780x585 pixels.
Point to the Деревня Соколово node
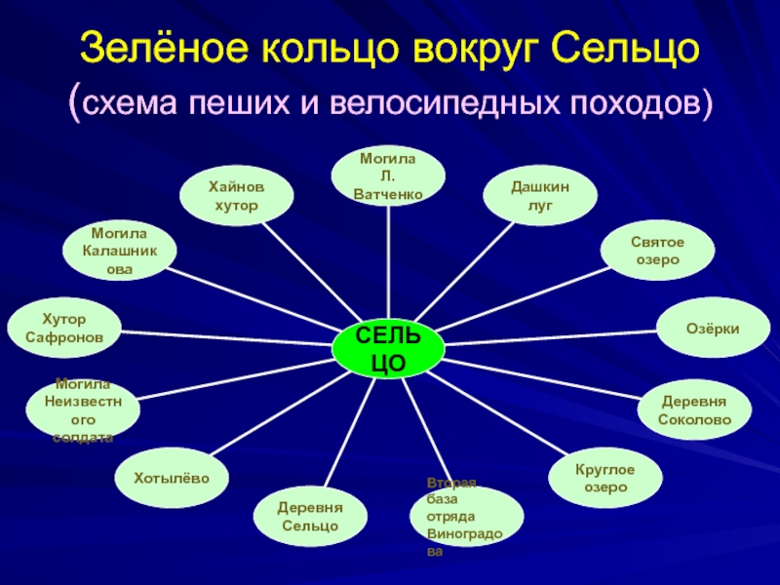click(x=694, y=410)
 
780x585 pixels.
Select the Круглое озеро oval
click(x=604, y=478)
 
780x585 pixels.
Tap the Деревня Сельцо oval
click(x=310, y=517)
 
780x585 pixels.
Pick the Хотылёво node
click(x=173, y=476)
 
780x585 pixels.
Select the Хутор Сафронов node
click(x=64, y=328)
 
